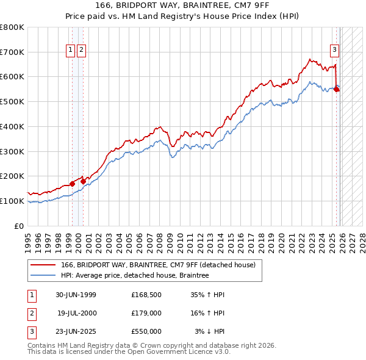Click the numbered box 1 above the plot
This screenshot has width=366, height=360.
[71, 50]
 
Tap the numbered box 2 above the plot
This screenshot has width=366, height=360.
[81, 50]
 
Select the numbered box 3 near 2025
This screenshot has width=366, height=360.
[334, 50]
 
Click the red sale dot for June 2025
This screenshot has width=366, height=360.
[336, 88]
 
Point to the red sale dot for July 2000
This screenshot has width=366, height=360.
[83, 181]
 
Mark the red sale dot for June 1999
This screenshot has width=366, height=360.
[72, 184]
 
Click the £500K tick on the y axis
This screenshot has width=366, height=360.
[12, 101]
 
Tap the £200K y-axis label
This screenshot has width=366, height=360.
[12, 176]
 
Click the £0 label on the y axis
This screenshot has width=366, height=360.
[20, 226]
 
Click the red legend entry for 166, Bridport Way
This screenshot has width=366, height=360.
[162, 265]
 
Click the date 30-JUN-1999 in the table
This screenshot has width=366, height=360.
[76, 295]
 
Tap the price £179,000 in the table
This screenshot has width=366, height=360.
[146, 313]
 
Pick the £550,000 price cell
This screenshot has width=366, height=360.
[146, 331]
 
